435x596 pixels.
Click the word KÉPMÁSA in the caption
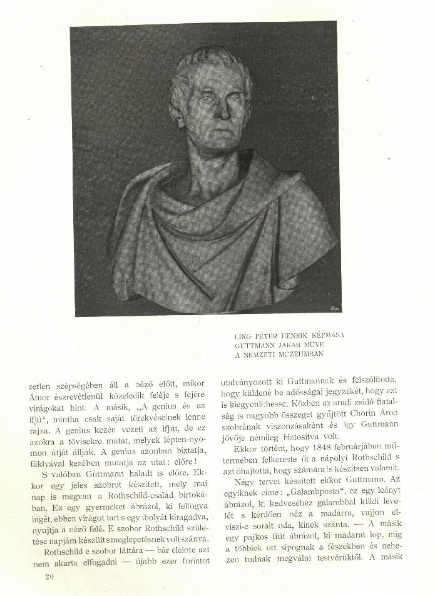(323, 335)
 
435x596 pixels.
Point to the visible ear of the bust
(176, 113)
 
